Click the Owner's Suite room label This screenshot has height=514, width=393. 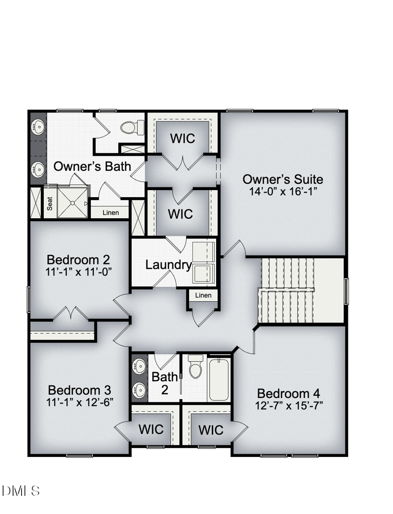pyautogui.click(x=283, y=179)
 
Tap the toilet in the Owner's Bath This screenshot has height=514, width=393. pyautogui.click(x=130, y=128)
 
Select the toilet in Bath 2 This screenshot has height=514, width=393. pyautogui.click(x=196, y=368)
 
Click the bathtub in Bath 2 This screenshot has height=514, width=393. pyautogui.click(x=219, y=379)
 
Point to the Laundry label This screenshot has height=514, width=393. pyautogui.click(x=168, y=265)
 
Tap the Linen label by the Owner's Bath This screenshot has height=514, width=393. pyautogui.click(x=111, y=213)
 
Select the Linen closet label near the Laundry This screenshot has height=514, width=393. pyautogui.click(x=203, y=295)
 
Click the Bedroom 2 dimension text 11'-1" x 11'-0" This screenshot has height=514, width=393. pyautogui.click(x=79, y=271)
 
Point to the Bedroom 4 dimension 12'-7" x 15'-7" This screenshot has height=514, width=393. pyautogui.click(x=289, y=406)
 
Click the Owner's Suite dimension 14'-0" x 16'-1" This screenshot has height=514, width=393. pyautogui.click(x=283, y=191)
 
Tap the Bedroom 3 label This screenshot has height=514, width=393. pyautogui.click(x=80, y=390)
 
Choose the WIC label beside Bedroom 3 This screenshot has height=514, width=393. pyautogui.click(x=151, y=429)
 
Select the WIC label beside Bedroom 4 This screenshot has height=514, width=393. pyautogui.click(x=211, y=430)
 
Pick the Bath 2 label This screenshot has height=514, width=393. pyautogui.click(x=164, y=384)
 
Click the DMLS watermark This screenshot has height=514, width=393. pyautogui.click(x=21, y=490)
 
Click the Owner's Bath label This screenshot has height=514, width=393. pyautogui.click(x=92, y=167)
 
